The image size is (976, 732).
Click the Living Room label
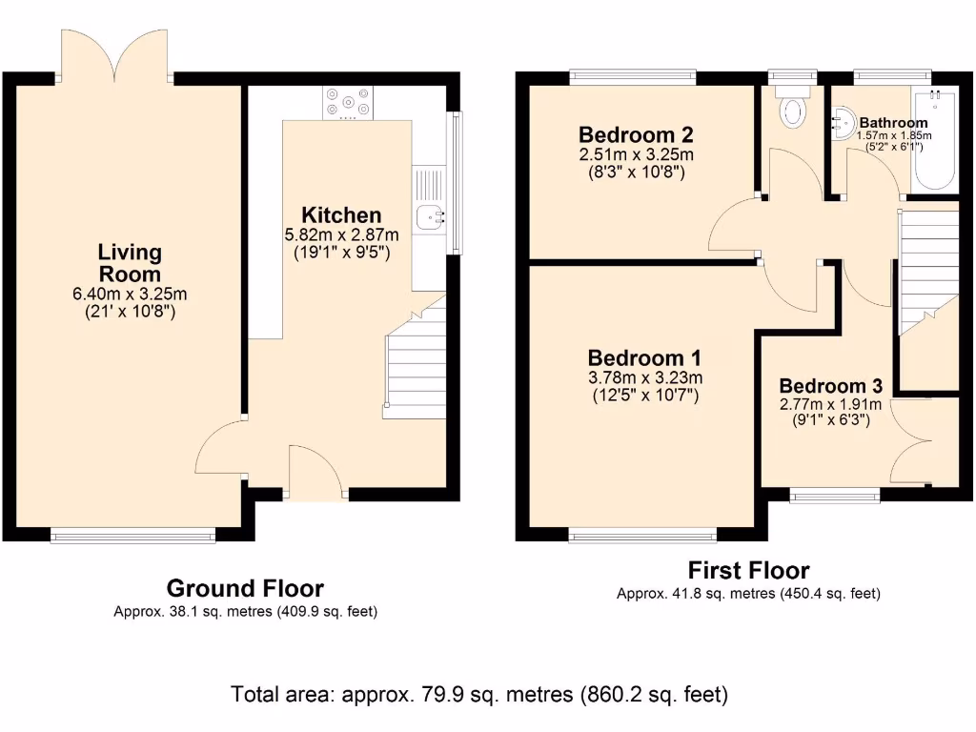tap(130, 263)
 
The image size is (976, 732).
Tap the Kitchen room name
tap(341, 214)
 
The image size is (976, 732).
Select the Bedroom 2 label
tap(636, 134)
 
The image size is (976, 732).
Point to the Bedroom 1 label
tap(644, 358)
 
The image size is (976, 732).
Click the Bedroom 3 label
tap(830, 386)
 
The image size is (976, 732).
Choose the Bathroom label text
tap(893, 123)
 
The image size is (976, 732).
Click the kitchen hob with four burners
tap(348, 103)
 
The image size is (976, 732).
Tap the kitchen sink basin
tap(430, 216)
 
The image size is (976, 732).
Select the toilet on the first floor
tap(792, 107)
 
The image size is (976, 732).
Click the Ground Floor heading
tap(245, 588)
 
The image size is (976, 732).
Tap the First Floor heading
tap(748, 570)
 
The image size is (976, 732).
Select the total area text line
tap(479, 694)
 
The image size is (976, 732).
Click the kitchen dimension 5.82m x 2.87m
tap(341, 235)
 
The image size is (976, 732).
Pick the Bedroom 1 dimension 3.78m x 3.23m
tap(645, 377)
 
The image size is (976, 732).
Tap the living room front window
tap(132, 535)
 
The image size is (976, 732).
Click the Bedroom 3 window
tap(835, 496)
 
